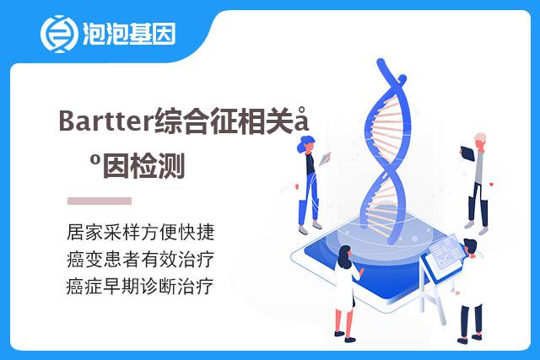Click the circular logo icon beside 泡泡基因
coord(57,34)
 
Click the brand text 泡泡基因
coord(129,34)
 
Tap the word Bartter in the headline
coord(105,121)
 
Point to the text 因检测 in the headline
coord(144,166)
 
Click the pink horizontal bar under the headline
coord(100,201)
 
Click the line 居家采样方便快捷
coord(141,232)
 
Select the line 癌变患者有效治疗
coord(141,259)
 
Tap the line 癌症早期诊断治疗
coord(140,287)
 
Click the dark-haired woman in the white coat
coord(347,293)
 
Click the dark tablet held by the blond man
coord(467,153)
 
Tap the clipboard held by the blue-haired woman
coord(325,159)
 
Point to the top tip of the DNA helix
coord(381,62)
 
